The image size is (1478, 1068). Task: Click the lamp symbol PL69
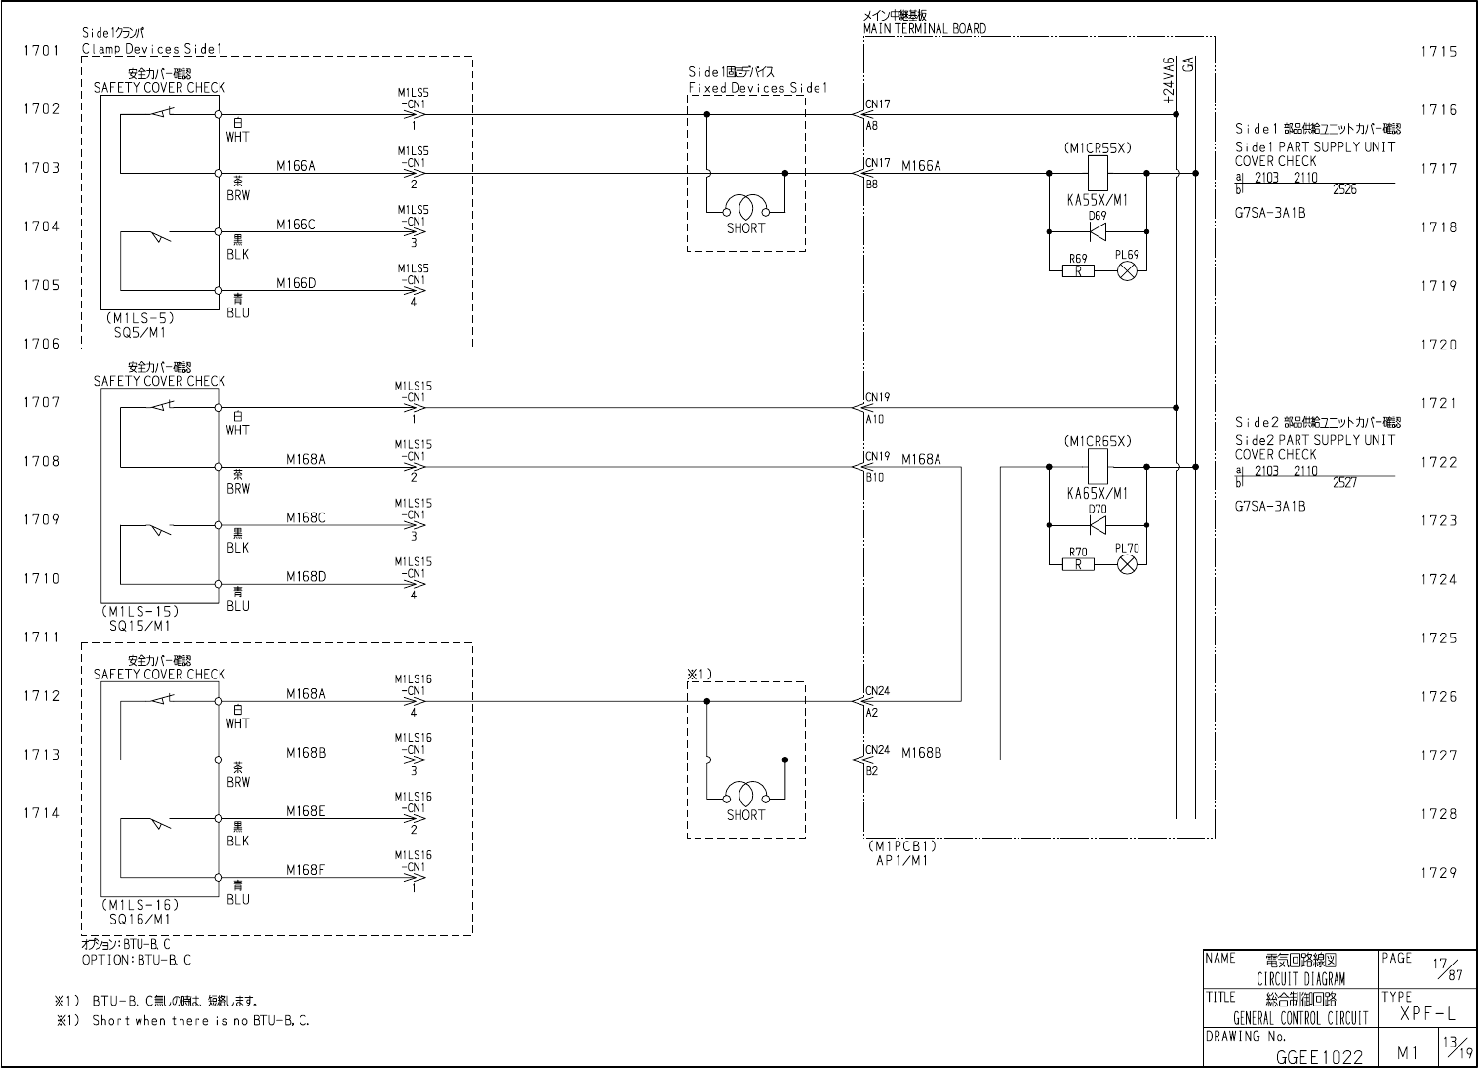pyautogui.click(x=1127, y=271)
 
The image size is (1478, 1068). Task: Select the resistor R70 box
pyautogui.click(x=1078, y=564)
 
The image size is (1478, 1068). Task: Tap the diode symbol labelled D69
pyautogui.click(x=1097, y=232)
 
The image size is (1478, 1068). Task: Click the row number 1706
pyautogui.click(x=42, y=344)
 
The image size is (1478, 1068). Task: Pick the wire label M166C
pyautogui.click(x=296, y=225)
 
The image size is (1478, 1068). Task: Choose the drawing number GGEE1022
pyautogui.click(x=1319, y=1055)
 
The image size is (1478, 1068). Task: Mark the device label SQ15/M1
pyautogui.click(x=140, y=626)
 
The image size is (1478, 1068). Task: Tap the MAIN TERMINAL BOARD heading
pyautogui.click(x=924, y=29)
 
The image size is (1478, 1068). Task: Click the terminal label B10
pyautogui.click(x=874, y=478)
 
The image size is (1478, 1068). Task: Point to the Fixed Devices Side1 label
pyautogui.click(x=757, y=88)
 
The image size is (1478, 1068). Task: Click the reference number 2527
pyautogui.click(x=1344, y=483)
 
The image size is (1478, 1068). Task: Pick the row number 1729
pyautogui.click(x=1439, y=873)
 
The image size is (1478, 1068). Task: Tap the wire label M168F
pyautogui.click(x=305, y=870)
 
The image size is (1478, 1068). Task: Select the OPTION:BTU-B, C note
pyautogui.click(x=136, y=960)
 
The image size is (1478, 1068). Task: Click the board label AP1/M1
pyautogui.click(x=901, y=862)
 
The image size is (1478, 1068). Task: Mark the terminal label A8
pyautogui.click(x=871, y=126)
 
